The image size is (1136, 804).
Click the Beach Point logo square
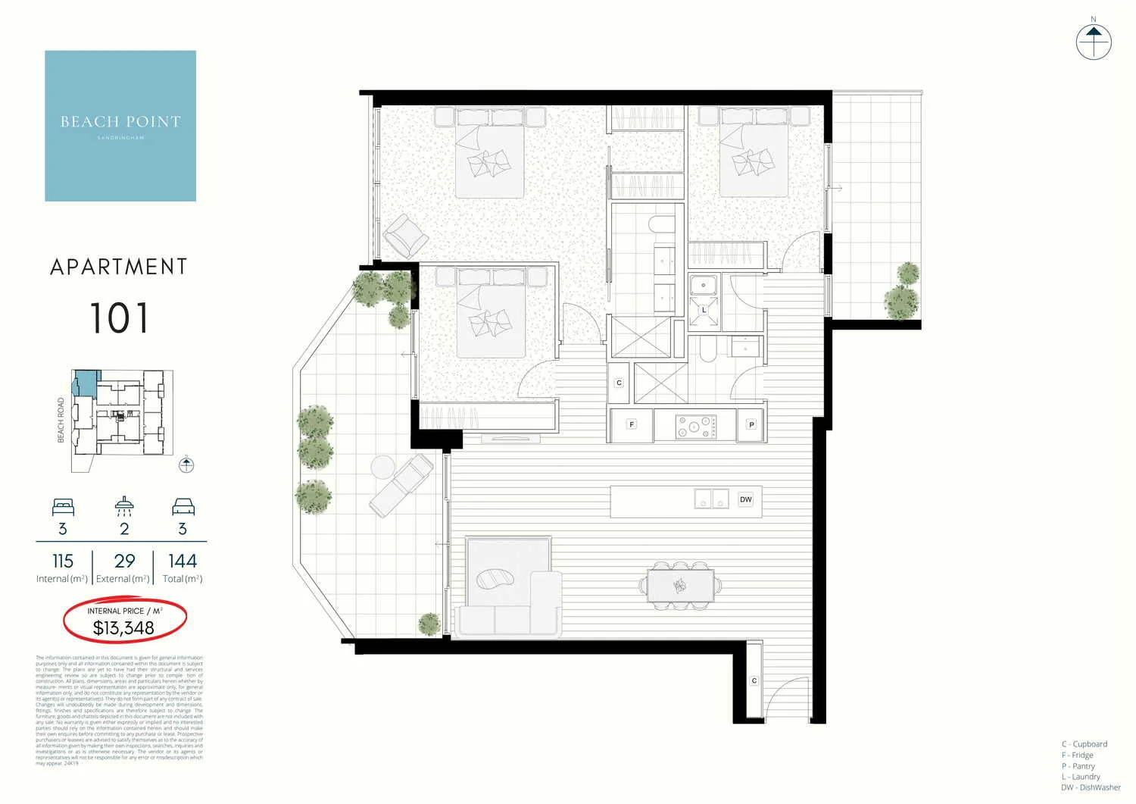tap(120, 126)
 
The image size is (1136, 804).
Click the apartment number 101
tap(119, 318)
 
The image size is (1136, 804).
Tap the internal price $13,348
tap(123, 628)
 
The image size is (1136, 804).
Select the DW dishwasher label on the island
tap(746, 499)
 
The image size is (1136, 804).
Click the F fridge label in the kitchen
tap(632, 424)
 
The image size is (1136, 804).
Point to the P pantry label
tap(751, 424)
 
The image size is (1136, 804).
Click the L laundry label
tap(704, 311)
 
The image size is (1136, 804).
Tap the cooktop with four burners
tap(696, 426)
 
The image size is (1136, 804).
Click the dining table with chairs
tap(680, 585)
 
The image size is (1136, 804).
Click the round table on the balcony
tap(382, 465)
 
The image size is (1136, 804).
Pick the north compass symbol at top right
tap(1093, 42)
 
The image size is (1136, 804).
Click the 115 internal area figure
tap(63, 562)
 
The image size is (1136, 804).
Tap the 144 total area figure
tap(183, 562)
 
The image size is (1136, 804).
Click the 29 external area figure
tap(124, 562)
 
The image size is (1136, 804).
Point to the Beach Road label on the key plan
tap(61, 421)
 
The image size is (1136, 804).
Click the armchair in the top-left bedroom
tap(406, 235)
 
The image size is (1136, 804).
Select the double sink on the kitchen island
tap(711, 499)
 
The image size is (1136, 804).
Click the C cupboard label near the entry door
tap(754, 681)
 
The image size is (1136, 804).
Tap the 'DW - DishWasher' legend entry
tap(1091, 787)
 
